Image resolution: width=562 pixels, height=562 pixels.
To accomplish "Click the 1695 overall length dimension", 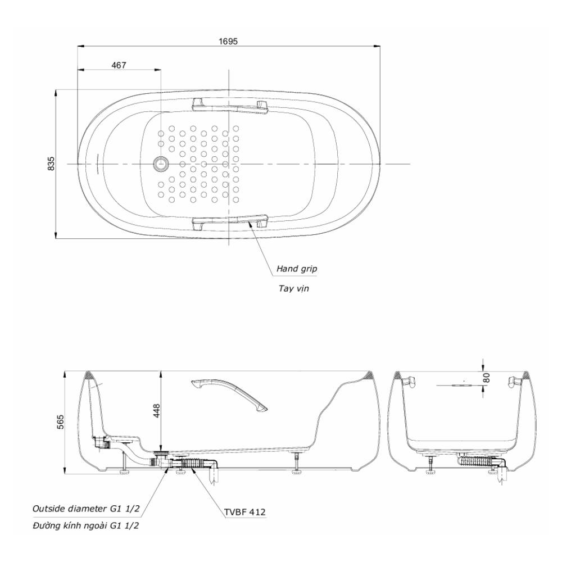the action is (x=228, y=41).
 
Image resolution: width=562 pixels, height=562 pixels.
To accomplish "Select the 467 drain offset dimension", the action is (x=119, y=65).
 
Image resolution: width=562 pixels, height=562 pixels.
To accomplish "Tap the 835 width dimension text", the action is (x=51, y=164).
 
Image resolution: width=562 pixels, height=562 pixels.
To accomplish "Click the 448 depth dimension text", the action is (x=157, y=411).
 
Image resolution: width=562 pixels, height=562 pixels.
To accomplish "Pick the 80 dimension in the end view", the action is (x=486, y=378).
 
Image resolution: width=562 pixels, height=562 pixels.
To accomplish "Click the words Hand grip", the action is (x=297, y=269).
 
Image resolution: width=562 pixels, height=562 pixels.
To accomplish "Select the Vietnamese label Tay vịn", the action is (x=293, y=288).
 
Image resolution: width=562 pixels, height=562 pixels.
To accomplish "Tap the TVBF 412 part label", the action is (x=246, y=512).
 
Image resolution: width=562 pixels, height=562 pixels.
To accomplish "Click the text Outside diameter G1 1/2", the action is (x=85, y=509).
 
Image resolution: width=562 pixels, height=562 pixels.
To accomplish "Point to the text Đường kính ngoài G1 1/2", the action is (x=85, y=526).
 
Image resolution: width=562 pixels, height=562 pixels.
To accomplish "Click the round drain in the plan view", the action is (x=161, y=164).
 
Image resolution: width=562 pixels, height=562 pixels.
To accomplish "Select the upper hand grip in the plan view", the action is (x=230, y=106).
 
